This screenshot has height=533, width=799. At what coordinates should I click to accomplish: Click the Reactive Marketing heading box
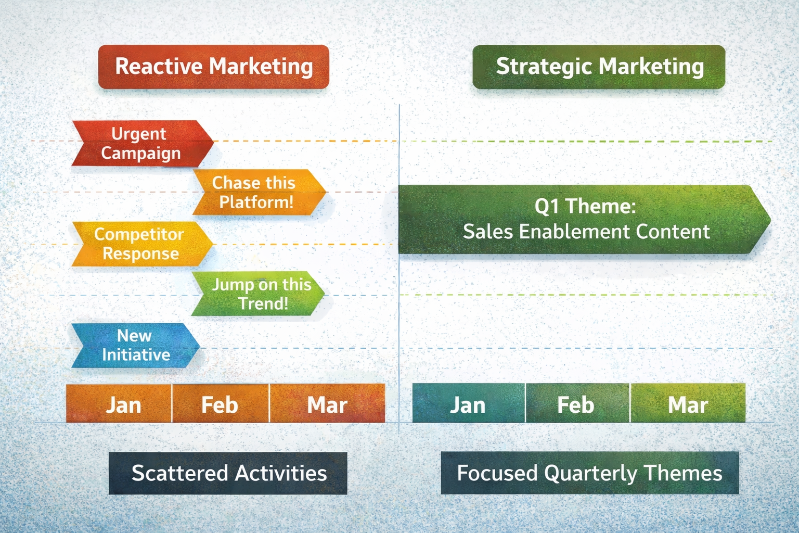[x=213, y=67]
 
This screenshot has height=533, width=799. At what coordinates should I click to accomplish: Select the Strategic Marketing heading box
[x=599, y=67]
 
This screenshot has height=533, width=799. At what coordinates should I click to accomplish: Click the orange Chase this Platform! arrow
[x=258, y=192]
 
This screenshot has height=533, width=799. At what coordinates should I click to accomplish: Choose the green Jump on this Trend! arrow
[x=258, y=294]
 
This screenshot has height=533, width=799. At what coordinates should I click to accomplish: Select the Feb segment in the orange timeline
[x=220, y=404]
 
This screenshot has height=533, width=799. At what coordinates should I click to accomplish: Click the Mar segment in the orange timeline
[x=327, y=404]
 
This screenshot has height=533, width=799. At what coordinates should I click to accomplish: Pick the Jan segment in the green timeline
[x=468, y=404]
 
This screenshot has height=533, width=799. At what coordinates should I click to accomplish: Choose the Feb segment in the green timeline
[x=576, y=404]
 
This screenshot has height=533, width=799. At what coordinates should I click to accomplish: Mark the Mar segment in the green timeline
[x=688, y=404]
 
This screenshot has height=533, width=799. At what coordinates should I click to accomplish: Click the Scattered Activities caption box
[x=228, y=473]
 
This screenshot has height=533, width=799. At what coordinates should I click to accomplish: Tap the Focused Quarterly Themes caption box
[x=589, y=473]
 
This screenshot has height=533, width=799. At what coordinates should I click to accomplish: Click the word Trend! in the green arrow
[x=263, y=303]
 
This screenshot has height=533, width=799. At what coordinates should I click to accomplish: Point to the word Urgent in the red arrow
[x=139, y=134]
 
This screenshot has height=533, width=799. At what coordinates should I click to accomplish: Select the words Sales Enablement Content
[x=586, y=232]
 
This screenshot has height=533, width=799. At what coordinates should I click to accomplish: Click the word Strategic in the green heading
[x=544, y=67]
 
